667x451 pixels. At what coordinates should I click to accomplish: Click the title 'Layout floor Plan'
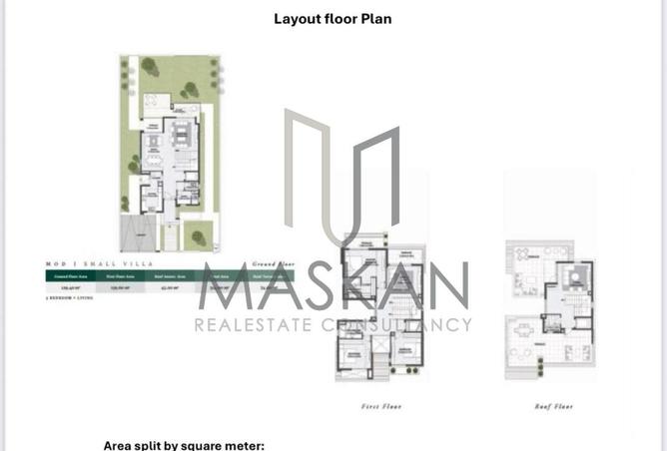pyautogui.click(x=333, y=18)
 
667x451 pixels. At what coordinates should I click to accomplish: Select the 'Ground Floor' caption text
pyautogui.click(x=274, y=262)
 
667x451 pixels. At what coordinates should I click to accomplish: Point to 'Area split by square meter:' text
pyautogui.click(x=184, y=445)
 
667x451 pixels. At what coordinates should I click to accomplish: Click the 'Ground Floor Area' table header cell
pyautogui.click(x=68, y=273)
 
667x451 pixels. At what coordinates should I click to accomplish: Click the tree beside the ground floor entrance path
pyautogui.click(x=198, y=237)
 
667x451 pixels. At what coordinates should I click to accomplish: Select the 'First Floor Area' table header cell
pyautogui.click(x=119, y=273)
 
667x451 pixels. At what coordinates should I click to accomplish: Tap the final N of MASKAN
pyautogui.click(x=448, y=286)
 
